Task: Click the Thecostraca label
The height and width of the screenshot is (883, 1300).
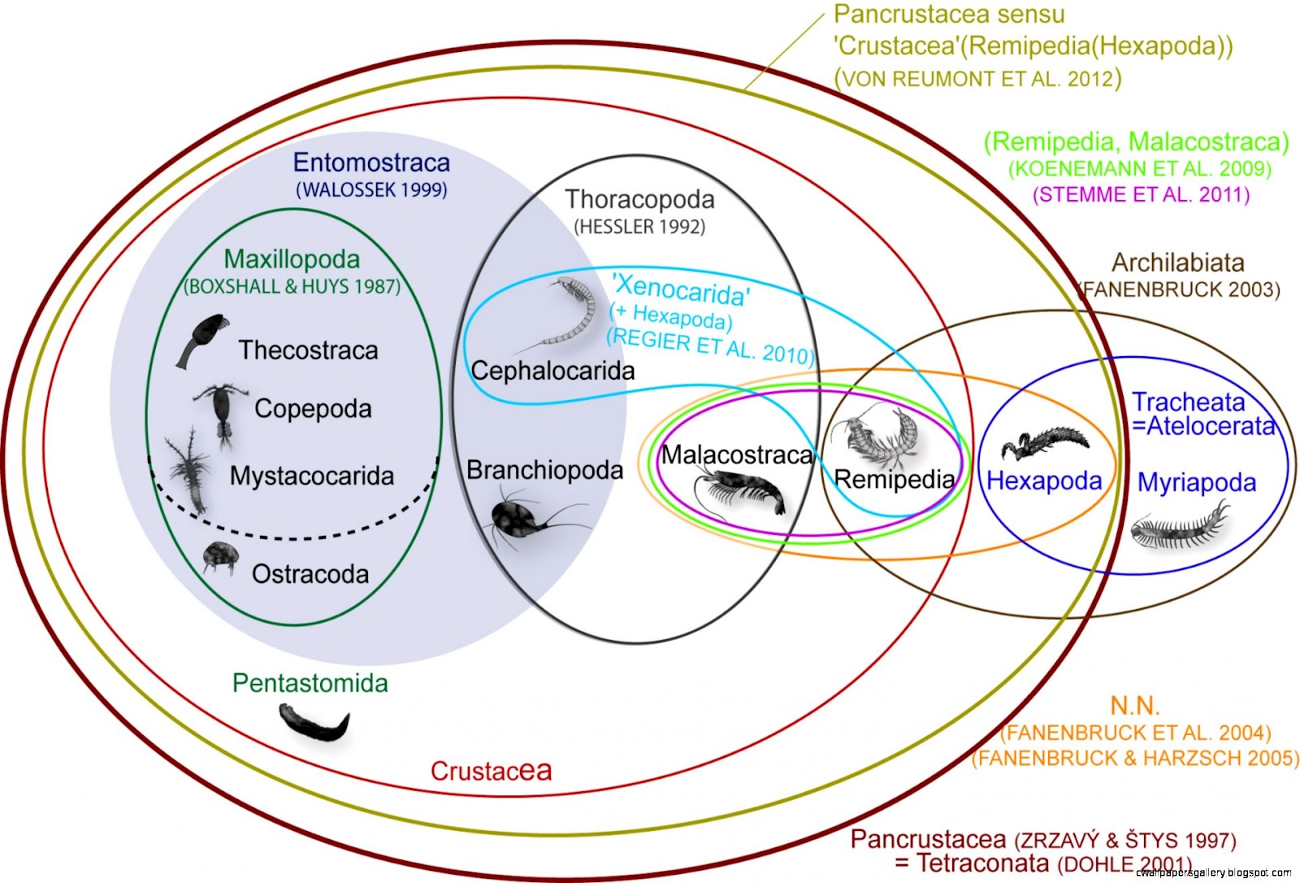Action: tap(308, 350)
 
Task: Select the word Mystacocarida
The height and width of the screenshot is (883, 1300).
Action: tap(311, 476)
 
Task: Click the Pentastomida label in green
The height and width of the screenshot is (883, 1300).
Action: tap(310, 683)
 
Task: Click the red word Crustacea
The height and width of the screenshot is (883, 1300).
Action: tap(490, 770)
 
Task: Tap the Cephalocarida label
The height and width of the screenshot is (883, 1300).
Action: tap(552, 371)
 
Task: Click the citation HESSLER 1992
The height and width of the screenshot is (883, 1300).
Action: tap(639, 227)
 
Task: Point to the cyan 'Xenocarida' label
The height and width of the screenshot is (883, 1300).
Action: tap(681, 289)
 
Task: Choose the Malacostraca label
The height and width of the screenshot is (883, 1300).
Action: tap(736, 455)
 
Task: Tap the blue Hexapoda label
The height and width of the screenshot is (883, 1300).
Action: tap(1044, 481)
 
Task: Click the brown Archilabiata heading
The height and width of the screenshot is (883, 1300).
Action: tap(1177, 263)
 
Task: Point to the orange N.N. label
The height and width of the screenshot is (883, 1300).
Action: tap(1134, 705)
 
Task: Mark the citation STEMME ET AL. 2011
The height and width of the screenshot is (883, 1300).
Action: tap(1141, 195)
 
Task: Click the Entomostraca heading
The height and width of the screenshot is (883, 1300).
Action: tap(371, 163)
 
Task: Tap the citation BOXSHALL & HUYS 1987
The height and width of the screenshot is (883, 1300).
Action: tap(292, 286)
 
